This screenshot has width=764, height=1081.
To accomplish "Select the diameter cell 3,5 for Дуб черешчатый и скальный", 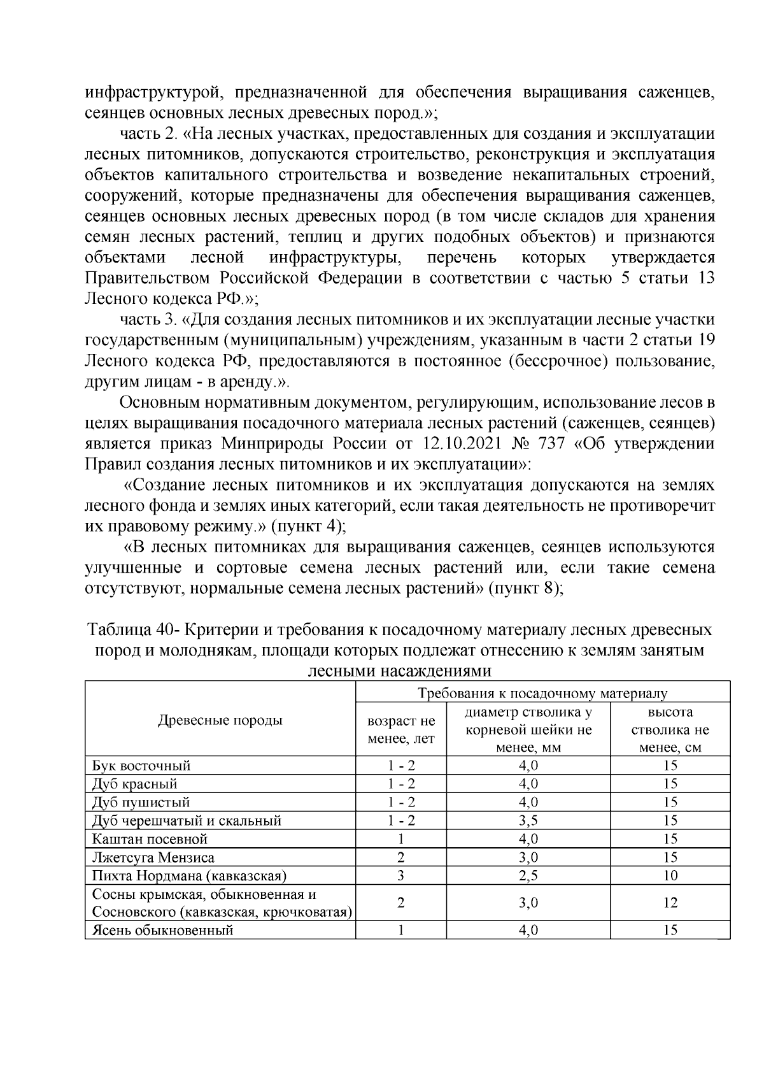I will coord(528,820).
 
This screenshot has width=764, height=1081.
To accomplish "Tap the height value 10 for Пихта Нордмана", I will coord(670,875).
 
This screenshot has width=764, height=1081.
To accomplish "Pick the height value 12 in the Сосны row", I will coord(670,903).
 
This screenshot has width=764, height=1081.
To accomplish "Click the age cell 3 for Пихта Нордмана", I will coord(400,875).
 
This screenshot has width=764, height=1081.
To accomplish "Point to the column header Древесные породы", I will coord(220,720).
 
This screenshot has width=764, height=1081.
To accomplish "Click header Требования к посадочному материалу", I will coord(542,693).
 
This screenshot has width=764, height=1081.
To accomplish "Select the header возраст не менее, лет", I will coord(400,729).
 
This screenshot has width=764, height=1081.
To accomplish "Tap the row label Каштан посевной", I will coord(150,839).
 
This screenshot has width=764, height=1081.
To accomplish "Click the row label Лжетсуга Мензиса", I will coord(153,857).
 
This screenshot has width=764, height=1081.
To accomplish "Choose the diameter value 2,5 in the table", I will coord(528,875).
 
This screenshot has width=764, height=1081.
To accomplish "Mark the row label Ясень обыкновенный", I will coord(162,930).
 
